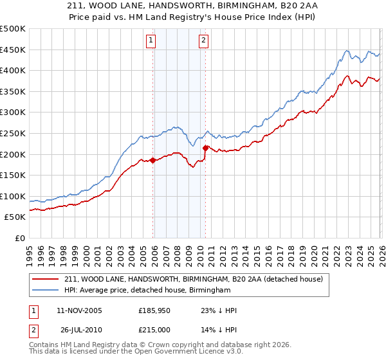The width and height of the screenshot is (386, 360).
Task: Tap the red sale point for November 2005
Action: pyautogui.click(x=153, y=161)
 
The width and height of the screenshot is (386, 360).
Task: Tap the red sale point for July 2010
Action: pyautogui.click(x=205, y=148)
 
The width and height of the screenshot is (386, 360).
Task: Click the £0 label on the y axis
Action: pyautogui.click(x=19, y=238)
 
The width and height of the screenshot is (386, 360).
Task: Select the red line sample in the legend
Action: pyautogui.click(x=46, y=279)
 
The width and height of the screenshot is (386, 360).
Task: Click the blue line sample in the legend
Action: pyautogui.click(x=46, y=291)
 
